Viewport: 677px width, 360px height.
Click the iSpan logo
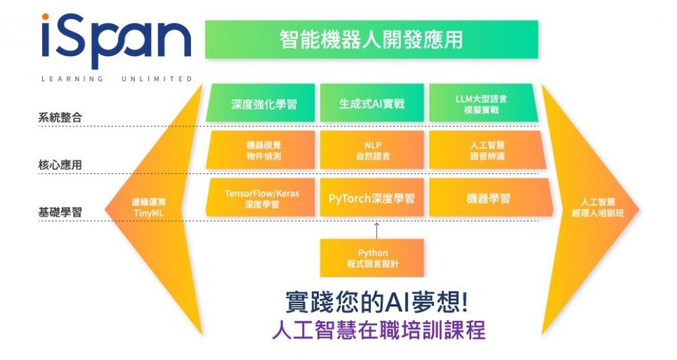coord(116,42)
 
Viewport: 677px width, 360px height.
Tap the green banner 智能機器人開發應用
coord(371,39)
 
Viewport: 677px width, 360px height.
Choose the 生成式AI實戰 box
coord(372,104)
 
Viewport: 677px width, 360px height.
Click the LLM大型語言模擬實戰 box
coord(482,104)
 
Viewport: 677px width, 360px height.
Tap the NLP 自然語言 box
coord(372,150)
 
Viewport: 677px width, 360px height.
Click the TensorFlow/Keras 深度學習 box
coord(262,198)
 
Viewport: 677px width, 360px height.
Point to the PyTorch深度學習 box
coord(372,198)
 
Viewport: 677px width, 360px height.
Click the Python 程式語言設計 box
coord(372,258)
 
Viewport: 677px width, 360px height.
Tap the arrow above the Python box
coord(376,228)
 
